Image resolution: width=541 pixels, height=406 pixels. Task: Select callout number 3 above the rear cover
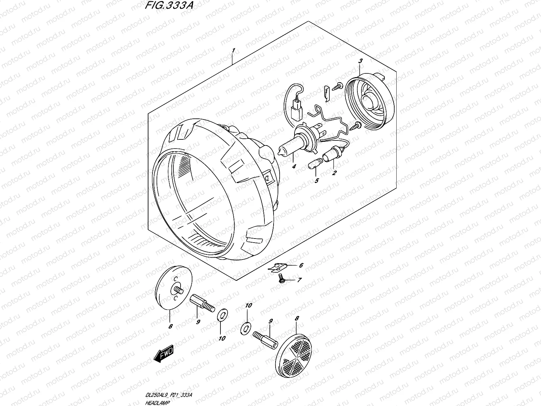click(x=360, y=61)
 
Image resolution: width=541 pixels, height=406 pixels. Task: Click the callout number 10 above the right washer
click(x=249, y=306)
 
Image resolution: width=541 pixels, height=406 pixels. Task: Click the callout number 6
click(x=301, y=266)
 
